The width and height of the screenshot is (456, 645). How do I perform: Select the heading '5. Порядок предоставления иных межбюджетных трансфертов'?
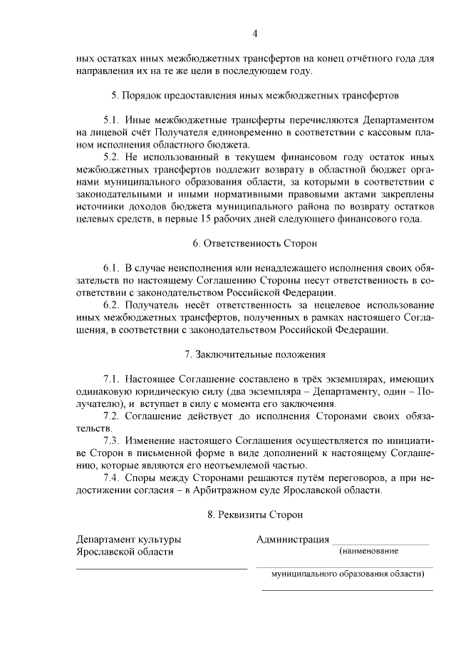(254, 94)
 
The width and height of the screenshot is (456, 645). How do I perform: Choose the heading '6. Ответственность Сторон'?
(254, 243)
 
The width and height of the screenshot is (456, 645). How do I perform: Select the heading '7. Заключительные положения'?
(254, 354)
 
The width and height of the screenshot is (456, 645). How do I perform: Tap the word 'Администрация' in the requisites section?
(293, 538)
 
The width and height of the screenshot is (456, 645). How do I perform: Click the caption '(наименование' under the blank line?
(369, 551)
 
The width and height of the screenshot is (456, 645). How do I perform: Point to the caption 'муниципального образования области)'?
(347, 574)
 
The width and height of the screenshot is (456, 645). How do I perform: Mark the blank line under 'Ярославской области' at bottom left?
(162, 569)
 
